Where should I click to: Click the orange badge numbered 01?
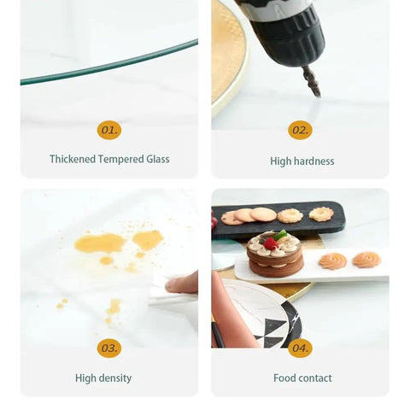109,130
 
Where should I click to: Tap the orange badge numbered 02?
300,130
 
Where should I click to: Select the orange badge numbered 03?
109,348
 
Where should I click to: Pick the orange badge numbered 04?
300,348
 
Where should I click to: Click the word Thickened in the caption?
73,159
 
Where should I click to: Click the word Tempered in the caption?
121,160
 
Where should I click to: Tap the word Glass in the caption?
158,159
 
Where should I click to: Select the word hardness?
314,161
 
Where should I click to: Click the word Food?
285,378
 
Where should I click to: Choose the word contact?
315,378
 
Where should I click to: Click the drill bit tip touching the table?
319,96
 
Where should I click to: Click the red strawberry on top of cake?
270,243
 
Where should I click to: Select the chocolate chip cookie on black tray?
230,218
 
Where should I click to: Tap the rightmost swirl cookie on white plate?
366,260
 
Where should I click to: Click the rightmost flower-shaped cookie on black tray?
321,214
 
